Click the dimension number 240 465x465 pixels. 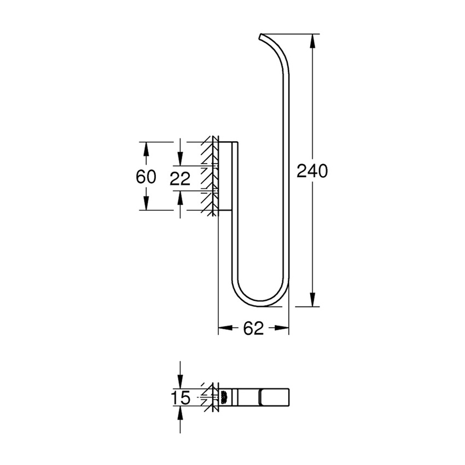pyautogui.click(x=312, y=171)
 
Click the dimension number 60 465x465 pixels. pyautogui.click(x=146, y=177)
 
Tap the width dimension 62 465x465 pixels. pyautogui.click(x=253, y=328)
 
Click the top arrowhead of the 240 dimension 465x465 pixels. pyautogui.click(x=312, y=40)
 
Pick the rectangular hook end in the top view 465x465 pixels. pyautogui.click(x=274, y=396)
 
